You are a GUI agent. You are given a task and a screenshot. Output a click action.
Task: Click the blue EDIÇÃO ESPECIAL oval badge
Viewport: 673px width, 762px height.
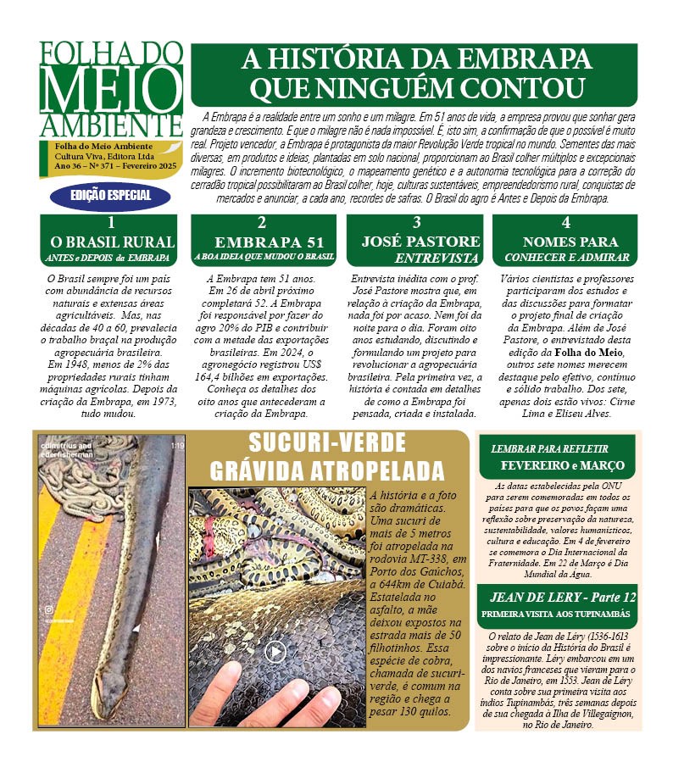110,195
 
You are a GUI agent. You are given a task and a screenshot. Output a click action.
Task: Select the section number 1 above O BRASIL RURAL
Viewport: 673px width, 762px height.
112,224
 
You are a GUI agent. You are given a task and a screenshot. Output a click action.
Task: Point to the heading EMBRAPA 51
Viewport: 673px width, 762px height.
262,242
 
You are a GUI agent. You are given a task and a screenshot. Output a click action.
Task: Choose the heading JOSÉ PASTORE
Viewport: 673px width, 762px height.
421,242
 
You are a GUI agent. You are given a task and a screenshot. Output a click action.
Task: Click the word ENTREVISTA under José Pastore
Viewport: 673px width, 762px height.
437,258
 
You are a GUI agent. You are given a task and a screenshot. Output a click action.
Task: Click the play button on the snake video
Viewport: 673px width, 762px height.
274,651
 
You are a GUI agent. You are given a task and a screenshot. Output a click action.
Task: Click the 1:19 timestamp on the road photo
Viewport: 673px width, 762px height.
176,444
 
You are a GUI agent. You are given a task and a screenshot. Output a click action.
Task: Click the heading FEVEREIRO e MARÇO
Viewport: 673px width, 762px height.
561,465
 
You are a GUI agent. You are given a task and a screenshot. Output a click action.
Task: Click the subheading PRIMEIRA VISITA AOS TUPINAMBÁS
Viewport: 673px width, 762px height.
559,613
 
